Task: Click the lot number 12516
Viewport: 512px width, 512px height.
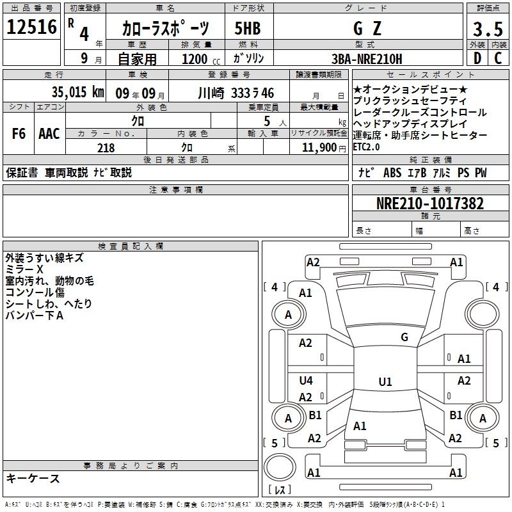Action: pyautogui.click(x=31, y=27)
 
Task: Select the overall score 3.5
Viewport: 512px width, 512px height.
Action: pyautogui.click(x=488, y=29)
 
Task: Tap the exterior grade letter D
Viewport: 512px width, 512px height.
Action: pyautogui.click(x=477, y=58)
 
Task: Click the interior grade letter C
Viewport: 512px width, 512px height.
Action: pyautogui.click(x=498, y=58)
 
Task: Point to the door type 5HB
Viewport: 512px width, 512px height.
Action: pyautogui.click(x=248, y=28)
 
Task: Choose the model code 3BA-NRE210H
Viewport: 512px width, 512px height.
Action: pyautogui.click(x=367, y=59)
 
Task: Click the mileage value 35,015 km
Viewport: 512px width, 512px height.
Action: pyautogui.click(x=77, y=92)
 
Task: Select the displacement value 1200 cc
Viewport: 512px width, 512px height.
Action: pyautogui.click(x=201, y=60)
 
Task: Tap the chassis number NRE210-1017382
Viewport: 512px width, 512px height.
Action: pyautogui.click(x=430, y=204)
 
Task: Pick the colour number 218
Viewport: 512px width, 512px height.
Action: pyautogui.click(x=106, y=148)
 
